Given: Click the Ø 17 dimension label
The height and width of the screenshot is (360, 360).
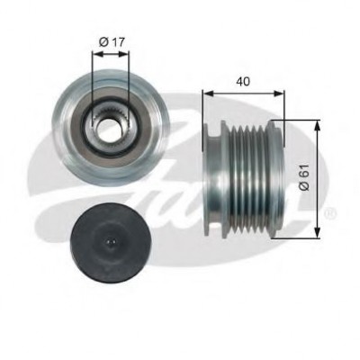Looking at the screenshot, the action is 112,42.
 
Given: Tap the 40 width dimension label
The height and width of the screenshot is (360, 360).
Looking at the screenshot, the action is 243,81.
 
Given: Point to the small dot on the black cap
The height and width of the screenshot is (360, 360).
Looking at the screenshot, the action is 111,241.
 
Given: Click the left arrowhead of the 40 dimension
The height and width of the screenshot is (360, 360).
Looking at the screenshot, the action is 208,94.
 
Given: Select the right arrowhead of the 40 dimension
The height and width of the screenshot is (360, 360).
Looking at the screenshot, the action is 278,94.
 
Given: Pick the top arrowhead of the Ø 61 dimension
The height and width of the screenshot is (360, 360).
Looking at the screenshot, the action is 318,125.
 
